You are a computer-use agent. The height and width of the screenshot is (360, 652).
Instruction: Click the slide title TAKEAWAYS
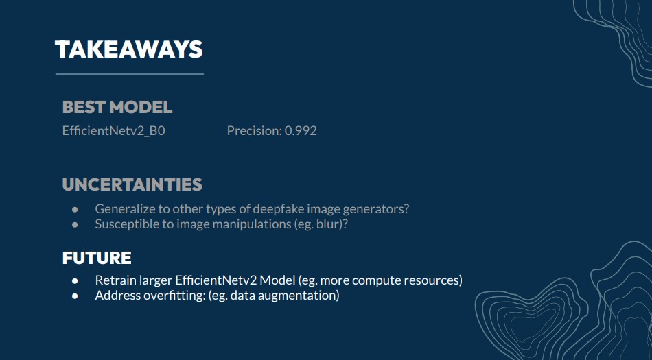point(128,49)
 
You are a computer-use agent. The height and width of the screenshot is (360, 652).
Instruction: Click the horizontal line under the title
point(130,74)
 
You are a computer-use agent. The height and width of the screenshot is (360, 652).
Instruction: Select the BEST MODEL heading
point(117,107)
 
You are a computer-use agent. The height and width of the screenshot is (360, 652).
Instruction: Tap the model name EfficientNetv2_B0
point(113,131)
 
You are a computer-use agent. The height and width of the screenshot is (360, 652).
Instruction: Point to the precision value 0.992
point(301,131)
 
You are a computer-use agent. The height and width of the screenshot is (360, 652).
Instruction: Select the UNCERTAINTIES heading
point(132,184)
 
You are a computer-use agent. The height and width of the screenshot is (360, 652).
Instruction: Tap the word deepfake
point(277,208)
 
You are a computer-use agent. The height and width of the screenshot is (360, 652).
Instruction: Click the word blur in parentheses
point(328,224)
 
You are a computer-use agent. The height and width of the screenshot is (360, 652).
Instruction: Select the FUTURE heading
point(97,258)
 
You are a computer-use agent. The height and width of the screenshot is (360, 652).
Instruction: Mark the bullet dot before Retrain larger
point(75,281)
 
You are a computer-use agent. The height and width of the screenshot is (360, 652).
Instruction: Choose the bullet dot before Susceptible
point(75,225)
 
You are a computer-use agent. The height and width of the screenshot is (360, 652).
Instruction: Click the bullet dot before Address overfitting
point(75,296)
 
